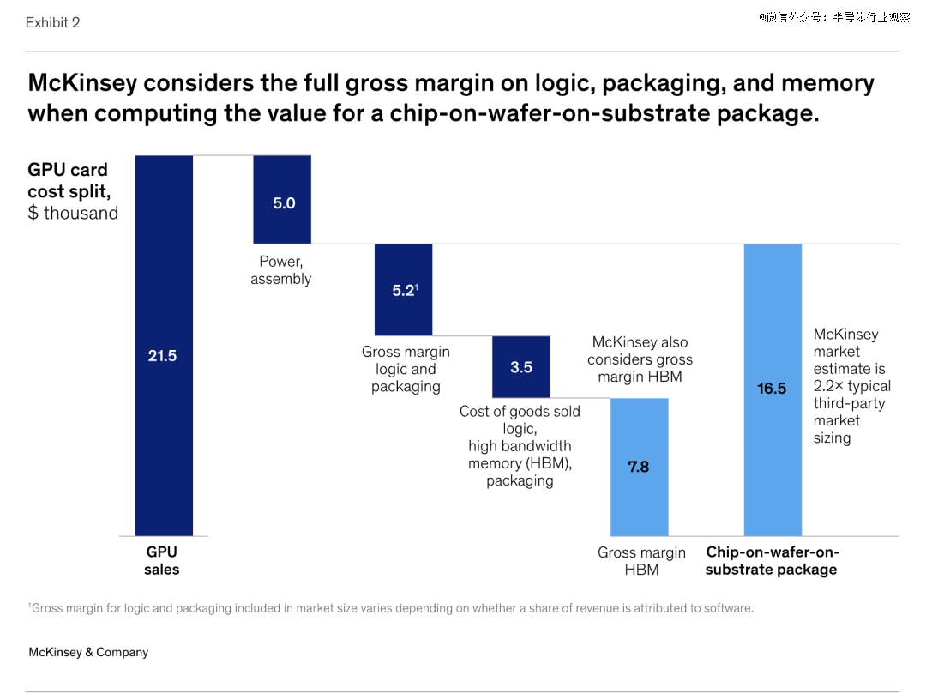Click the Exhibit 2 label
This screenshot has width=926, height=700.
coord(52,23)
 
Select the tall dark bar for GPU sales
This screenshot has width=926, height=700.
coord(164,257)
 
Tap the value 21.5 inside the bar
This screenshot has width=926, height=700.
coord(162,355)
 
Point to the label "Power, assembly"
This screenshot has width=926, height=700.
coord(281,270)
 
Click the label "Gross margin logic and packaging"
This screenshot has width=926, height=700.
coord(406,369)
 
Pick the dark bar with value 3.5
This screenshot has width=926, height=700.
coord(521,366)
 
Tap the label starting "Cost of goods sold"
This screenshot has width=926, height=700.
coord(520,446)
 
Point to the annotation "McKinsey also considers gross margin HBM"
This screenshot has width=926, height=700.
coord(640,359)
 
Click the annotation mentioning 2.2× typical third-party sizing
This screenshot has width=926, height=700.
coord(851,386)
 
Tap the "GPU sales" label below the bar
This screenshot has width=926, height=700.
coord(162,561)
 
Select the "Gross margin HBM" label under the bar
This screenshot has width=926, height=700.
coord(641,561)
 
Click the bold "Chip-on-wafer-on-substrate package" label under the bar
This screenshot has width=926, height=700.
coord(772,561)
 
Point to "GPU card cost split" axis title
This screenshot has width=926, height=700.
coord(73,191)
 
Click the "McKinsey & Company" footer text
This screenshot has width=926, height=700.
coord(88,652)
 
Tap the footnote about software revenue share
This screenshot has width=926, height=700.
coord(391,608)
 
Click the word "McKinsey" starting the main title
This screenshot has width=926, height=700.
coord(82,83)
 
